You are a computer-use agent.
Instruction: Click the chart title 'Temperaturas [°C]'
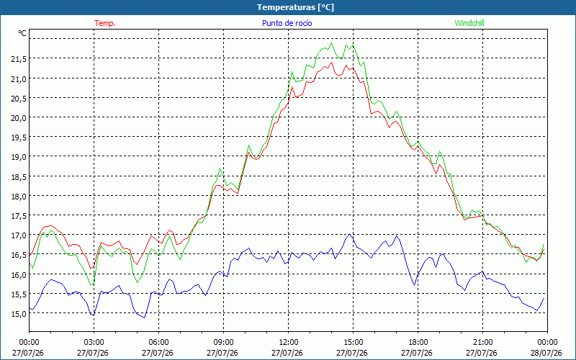pos(295,7)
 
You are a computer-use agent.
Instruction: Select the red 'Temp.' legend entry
pos(105,23)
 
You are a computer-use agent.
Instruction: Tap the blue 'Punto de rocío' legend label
pos(287,23)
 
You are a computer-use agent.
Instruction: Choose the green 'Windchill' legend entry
pos(469,23)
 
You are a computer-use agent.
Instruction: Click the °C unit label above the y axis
pos(22,33)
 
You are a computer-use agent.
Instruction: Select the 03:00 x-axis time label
pos(94,342)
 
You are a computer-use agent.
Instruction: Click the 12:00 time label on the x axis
pos(288,342)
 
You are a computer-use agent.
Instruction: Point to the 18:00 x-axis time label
pos(418,342)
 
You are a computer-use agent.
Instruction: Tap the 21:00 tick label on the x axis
pos(482,342)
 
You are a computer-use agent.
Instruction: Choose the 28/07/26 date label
pos(546,353)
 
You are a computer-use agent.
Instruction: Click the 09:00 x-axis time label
pos(223,342)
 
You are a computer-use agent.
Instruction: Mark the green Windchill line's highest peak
pos(331,43)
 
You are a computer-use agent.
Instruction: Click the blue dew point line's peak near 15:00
pos(349,235)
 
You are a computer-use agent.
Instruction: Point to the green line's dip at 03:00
pos(92,284)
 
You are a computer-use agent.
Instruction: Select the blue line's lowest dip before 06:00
pos(145,318)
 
